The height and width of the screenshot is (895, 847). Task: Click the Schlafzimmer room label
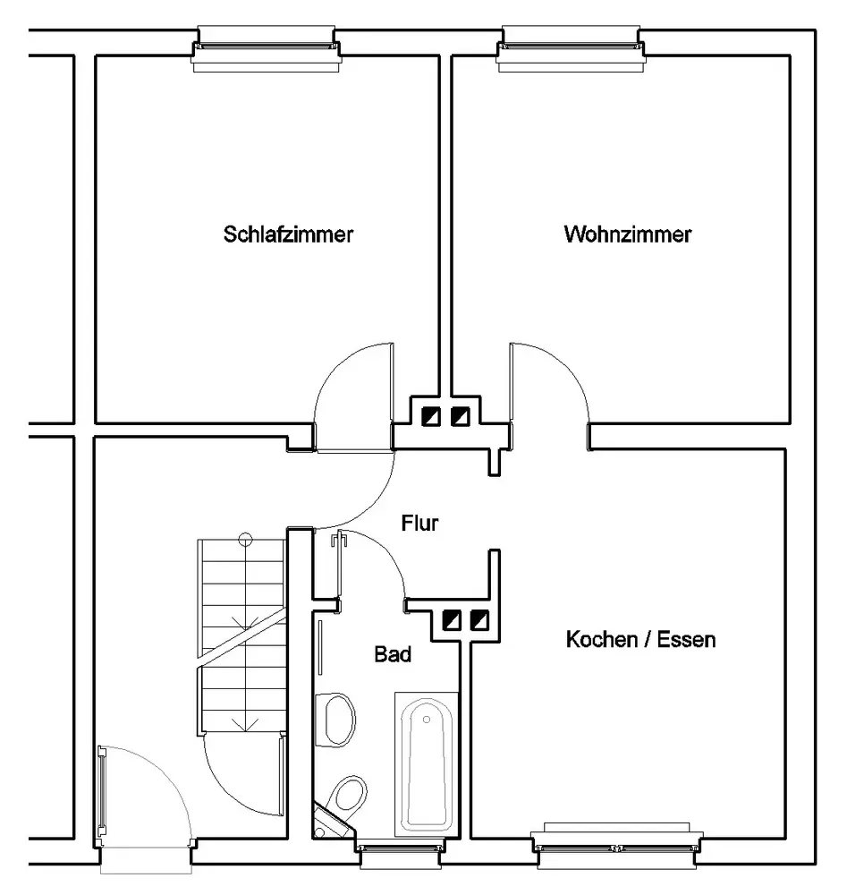point(289,235)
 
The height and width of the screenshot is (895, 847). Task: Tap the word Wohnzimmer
point(628,235)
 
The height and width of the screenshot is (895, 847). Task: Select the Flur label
point(419,524)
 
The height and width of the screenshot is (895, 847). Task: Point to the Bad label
point(393,655)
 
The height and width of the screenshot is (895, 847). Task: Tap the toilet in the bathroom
point(348,793)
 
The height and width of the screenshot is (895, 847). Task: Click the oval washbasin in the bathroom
point(338,718)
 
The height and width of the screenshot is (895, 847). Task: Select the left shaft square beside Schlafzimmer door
point(431,415)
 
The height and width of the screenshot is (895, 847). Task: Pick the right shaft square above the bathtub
point(480,618)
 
